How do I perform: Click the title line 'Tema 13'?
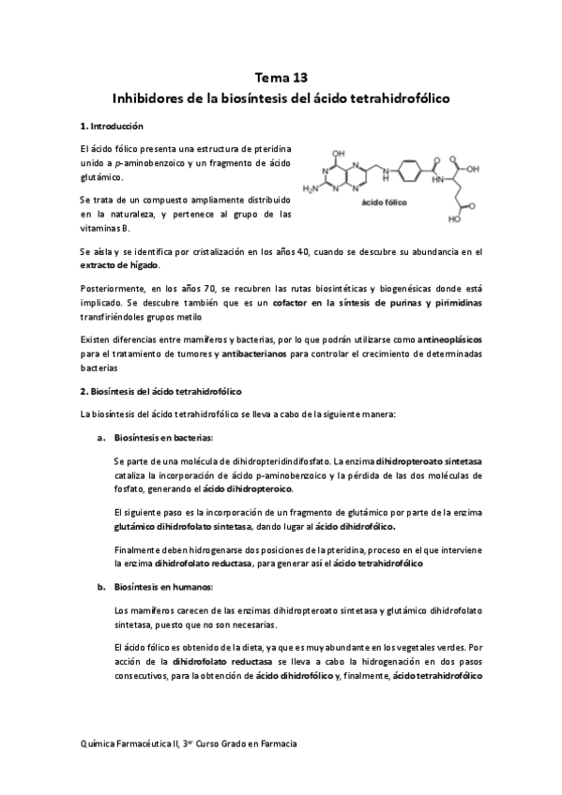pyautogui.click(x=281, y=78)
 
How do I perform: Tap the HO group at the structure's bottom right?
pyautogui.click(x=453, y=222)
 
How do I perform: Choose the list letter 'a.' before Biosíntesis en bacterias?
pyautogui.click(x=101, y=438)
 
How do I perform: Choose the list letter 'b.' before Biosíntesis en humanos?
pyautogui.click(x=101, y=587)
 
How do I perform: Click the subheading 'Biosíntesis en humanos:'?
pyautogui.click(x=163, y=587)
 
